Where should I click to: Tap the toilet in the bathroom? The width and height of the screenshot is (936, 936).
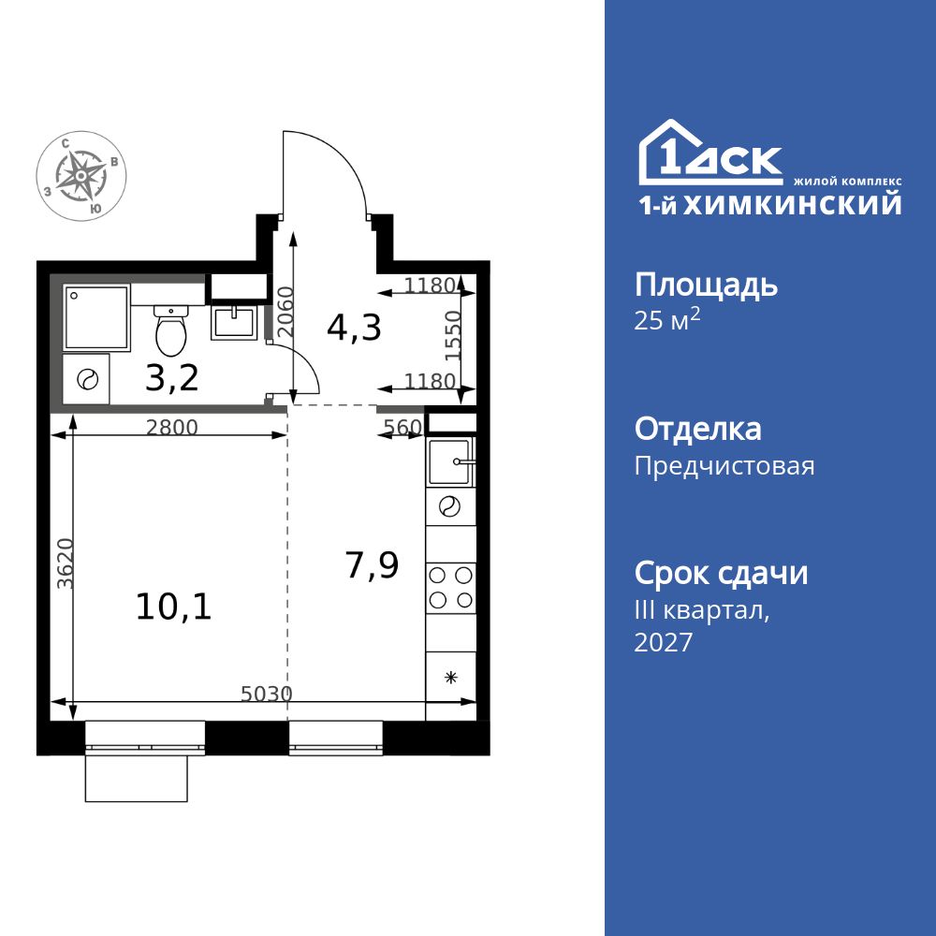tap(170, 329)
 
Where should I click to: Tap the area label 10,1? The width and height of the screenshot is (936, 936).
tap(174, 607)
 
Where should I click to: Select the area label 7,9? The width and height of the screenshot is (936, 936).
tap(372, 565)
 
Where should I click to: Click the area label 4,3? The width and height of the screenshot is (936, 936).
tap(354, 328)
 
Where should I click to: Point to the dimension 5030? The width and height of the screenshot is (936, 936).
tap(267, 694)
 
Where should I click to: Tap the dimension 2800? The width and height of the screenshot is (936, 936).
tap(172, 428)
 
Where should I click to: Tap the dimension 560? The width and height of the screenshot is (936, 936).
tap(402, 428)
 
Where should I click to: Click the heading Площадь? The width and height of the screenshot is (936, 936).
tap(706, 285)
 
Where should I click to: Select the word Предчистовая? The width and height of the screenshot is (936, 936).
tap(724, 466)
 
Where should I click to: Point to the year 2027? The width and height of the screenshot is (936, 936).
tap(664, 642)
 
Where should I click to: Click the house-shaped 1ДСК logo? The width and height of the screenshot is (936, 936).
tap(709, 154)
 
